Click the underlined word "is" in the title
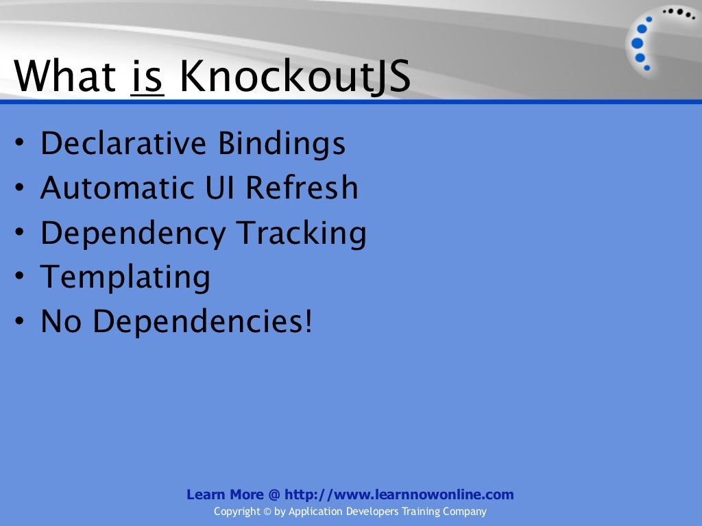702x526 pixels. [x=146, y=77]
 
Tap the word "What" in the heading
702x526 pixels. [x=65, y=77]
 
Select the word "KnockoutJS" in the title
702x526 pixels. [x=295, y=78]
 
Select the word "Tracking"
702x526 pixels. [x=302, y=234]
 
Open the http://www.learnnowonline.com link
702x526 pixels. [x=399, y=494]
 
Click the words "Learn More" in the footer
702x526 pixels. [x=225, y=494]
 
